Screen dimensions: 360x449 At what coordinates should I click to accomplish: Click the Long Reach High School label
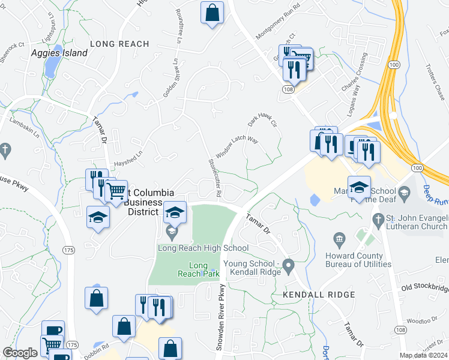203,248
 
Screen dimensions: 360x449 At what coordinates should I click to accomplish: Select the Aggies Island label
59,53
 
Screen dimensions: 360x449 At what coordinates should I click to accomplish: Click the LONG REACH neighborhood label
119,44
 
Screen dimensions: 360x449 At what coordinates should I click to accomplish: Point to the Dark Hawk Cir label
264,121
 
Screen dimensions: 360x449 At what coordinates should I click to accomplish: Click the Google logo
20,353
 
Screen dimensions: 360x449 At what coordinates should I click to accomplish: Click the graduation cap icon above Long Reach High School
175,212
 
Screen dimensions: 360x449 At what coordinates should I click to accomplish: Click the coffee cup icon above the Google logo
53,331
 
